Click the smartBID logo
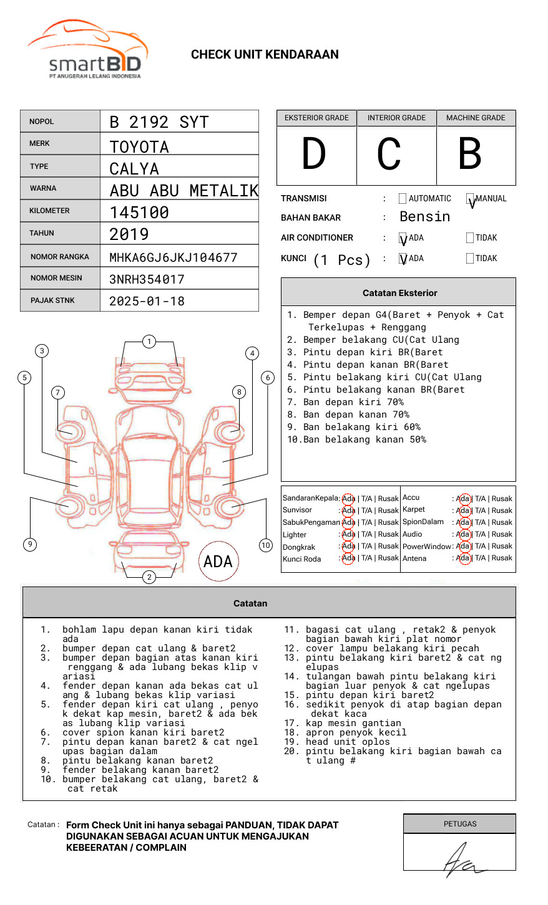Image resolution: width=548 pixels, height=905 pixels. (x=88, y=50)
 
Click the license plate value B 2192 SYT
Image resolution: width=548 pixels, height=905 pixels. (x=159, y=122)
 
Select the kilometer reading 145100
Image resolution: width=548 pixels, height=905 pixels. (x=139, y=213)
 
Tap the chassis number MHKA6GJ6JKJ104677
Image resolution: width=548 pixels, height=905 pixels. (x=173, y=257)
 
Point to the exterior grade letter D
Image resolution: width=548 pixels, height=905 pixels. (x=314, y=154)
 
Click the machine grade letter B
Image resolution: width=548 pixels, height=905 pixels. (x=469, y=154)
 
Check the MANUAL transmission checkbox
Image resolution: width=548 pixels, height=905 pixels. (x=471, y=199)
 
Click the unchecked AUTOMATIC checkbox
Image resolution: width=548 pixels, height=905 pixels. (x=403, y=199)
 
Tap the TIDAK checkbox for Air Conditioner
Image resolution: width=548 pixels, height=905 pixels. (x=470, y=238)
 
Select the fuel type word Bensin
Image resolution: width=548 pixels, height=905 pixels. (x=424, y=217)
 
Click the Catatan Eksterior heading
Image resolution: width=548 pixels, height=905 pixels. (x=399, y=293)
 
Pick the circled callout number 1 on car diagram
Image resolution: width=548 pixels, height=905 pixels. (x=149, y=342)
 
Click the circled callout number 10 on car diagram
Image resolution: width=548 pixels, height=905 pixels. (x=266, y=545)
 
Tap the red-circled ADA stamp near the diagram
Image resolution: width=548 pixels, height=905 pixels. (x=218, y=562)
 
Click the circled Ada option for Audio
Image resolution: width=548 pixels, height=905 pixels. (x=462, y=534)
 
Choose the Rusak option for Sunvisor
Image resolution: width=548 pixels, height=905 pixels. (x=388, y=510)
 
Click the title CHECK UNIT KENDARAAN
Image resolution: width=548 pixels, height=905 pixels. (x=265, y=55)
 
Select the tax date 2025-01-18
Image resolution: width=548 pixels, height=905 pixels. (x=147, y=301)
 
